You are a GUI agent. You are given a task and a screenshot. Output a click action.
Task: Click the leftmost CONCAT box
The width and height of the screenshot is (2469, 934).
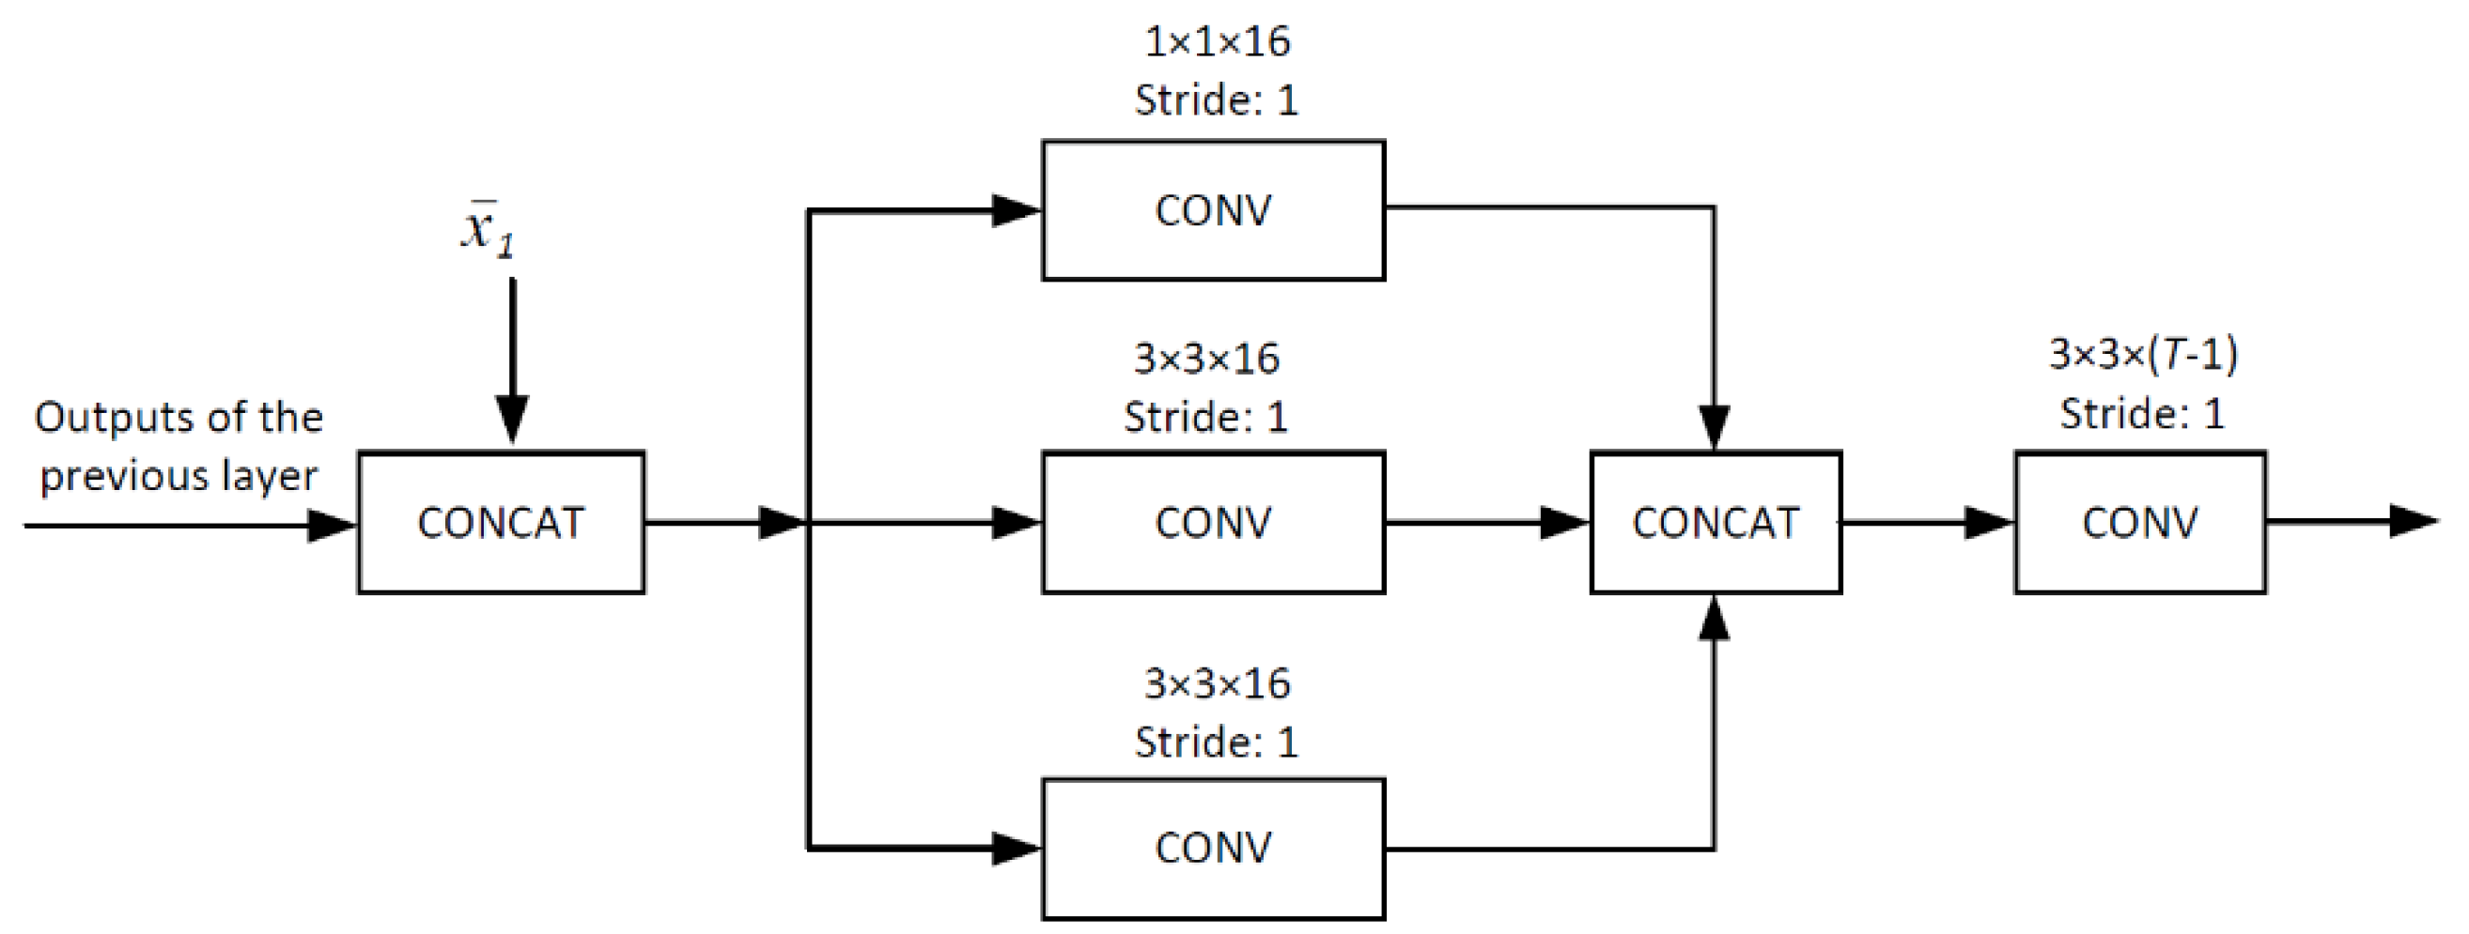coord(501,522)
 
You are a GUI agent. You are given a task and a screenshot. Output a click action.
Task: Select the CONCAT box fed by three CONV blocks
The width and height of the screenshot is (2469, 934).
coord(1715,522)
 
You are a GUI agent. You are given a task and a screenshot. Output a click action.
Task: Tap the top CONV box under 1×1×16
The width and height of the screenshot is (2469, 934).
coord(1213,209)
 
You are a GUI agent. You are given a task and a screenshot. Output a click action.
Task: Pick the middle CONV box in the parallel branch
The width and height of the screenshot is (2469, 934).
coord(1213,522)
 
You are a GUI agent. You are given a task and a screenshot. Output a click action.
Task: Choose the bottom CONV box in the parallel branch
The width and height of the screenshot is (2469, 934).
coord(1213,848)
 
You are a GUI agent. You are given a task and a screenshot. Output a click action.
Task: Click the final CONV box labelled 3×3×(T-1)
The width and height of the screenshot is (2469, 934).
coord(2139,522)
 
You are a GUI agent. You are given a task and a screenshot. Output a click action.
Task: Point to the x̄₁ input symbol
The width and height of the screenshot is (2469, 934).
coord(487,230)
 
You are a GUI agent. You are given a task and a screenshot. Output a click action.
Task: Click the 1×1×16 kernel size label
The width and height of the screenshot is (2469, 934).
coord(1218,42)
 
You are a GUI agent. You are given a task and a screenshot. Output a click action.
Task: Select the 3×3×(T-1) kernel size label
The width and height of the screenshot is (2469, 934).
coord(2143,355)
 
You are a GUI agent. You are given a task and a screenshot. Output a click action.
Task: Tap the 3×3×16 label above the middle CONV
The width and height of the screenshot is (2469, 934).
coord(1205,359)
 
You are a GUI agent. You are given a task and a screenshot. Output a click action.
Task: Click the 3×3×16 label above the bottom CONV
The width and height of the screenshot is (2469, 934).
coord(1218,684)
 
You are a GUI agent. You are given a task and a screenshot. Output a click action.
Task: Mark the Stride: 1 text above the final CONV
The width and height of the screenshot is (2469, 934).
coord(2141,414)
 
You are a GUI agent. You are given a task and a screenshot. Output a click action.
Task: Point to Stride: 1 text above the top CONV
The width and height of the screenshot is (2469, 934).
coord(1217,100)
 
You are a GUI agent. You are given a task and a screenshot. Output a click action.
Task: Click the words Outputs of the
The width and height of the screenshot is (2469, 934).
coord(179,418)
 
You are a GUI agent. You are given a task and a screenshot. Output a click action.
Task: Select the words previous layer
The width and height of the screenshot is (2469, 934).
coord(179,476)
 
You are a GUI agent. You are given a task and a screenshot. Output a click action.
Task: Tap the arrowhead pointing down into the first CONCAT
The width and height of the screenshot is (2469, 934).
coord(512,420)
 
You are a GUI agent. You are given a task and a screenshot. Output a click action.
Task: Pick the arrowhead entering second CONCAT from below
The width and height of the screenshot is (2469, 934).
coord(1714,620)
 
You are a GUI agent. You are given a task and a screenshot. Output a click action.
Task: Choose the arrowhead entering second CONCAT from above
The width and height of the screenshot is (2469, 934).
coord(1714,426)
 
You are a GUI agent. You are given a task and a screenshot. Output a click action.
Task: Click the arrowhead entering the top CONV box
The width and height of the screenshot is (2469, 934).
coord(1015,209)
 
